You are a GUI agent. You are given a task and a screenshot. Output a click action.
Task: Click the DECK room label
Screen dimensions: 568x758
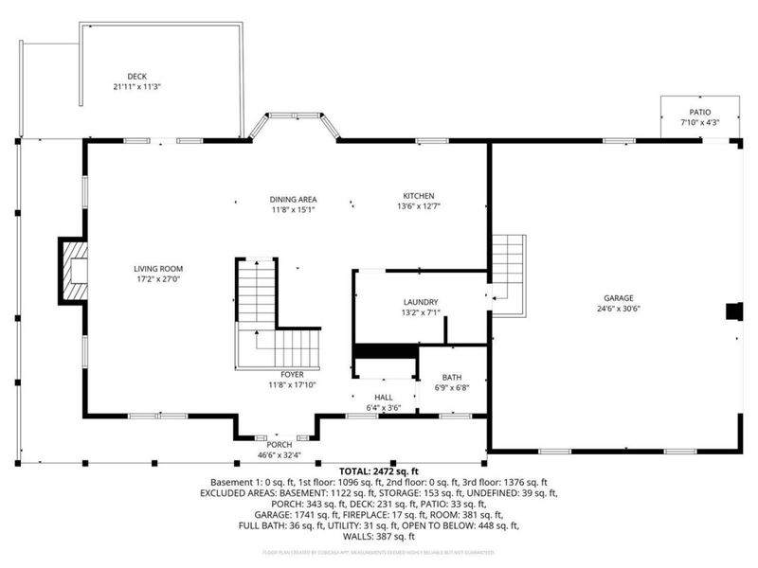[137, 77]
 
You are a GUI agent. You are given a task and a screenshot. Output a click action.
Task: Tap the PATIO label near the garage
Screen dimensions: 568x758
[700, 112]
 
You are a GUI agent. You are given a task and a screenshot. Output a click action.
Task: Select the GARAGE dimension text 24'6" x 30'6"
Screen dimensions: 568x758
[620, 308]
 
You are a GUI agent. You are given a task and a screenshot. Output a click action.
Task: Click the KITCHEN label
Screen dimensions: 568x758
[418, 195]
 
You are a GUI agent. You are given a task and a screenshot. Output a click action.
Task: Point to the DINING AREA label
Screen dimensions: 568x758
[293, 199]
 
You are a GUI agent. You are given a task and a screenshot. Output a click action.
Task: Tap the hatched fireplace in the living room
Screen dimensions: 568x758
[74, 270]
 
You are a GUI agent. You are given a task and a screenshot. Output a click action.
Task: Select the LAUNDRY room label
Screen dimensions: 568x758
[420, 302]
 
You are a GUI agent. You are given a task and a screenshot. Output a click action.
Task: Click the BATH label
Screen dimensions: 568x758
[451, 376]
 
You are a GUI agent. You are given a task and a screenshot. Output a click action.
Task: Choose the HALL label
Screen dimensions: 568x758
[383, 398]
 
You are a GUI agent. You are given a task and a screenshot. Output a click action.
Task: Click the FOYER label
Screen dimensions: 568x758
[292, 375]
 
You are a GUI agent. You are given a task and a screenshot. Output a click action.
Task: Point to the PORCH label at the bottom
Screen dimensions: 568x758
[279, 445]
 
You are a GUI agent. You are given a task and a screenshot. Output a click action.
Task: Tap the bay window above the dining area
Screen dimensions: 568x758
[294, 126]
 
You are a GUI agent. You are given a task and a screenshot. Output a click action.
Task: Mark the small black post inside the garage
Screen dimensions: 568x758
[733, 311]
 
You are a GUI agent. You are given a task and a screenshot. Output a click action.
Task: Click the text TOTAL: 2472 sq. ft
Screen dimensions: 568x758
[378, 470]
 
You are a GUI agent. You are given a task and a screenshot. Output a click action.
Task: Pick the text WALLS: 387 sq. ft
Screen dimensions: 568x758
[378, 536]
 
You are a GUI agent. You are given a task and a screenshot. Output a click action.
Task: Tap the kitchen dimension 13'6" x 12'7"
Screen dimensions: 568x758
[418, 205]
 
